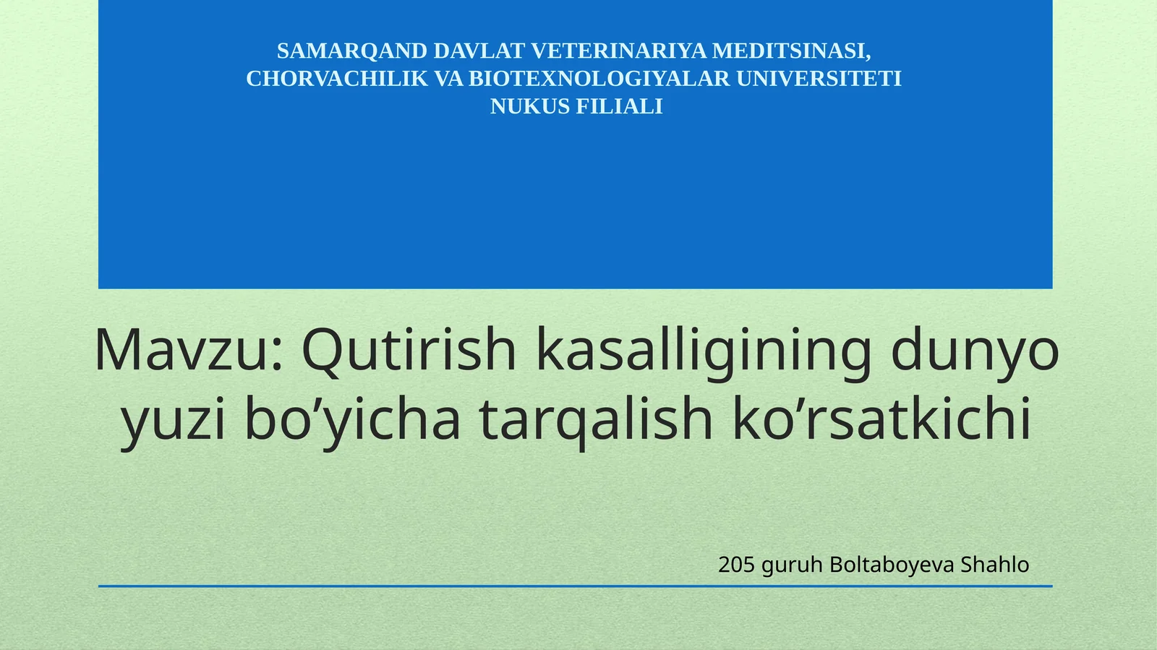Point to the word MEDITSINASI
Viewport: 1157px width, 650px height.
[x=791, y=51]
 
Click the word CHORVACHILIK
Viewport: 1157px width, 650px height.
[x=337, y=79]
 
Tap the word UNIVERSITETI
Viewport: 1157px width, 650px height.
[x=819, y=79]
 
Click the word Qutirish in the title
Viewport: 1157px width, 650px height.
[x=409, y=351]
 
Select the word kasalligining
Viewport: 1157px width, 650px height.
[x=704, y=351]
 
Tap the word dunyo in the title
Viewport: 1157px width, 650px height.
[x=975, y=351]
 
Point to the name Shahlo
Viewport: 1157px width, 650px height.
[x=994, y=565]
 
